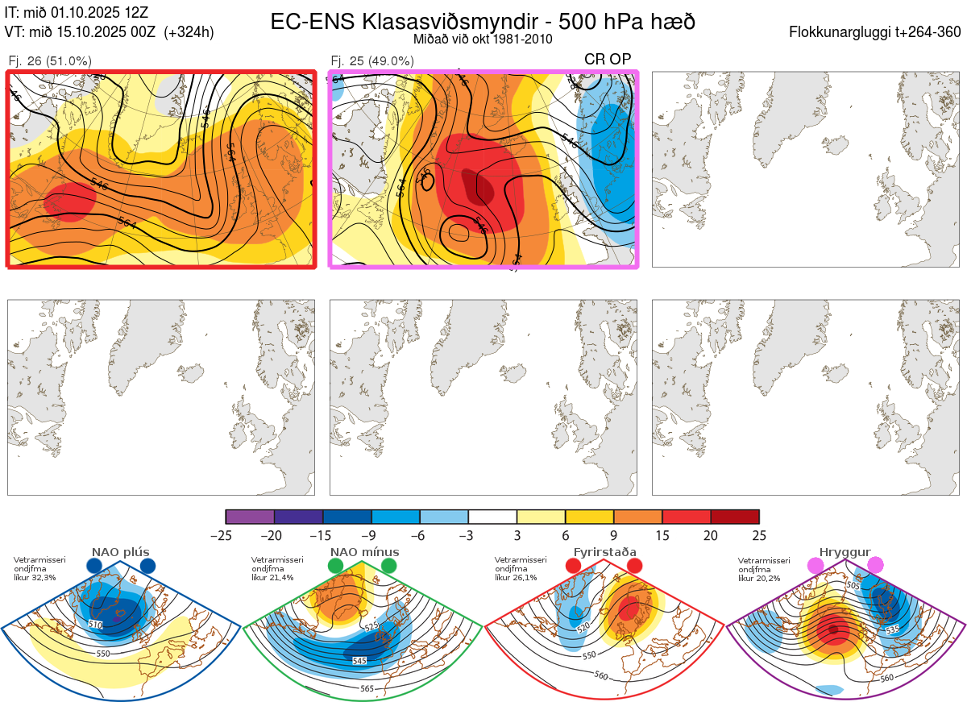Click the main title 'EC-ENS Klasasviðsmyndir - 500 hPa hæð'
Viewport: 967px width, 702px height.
pyautogui.click(x=483, y=21)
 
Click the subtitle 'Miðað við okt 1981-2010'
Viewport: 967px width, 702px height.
pyautogui.click(x=483, y=39)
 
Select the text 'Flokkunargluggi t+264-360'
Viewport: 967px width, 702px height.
pyautogui.click(x=877, y=32)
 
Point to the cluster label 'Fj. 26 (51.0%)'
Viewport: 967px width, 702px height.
pyautogui.click(x=49, y=60)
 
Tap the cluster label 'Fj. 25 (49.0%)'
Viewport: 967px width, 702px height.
pyautogui.click(x=372, y=60)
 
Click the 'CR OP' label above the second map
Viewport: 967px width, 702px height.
pyautogui.click(x=608, y=59)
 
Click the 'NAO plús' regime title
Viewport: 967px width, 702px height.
pyautogui.click(x=121, y=552)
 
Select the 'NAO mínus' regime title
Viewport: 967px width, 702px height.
pyautogui.click(x=364, y=552)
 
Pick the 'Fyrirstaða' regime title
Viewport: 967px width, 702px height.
pyautogui.click(x=604, y=552)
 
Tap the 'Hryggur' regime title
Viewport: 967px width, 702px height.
pyautogui.click(x=845, y=552)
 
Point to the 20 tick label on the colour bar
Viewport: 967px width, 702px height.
pyautogui.click(x=711, y=535)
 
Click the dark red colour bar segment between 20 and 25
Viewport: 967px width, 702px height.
pyautogui.click(x=735, y=517)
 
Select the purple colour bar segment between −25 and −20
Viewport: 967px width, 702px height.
pyautogui.click(x=250, y=517)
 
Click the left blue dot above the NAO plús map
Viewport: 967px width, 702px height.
pyautogui.click(x=94, y=566)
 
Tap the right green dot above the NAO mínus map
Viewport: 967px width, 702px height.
pyautogui.click(x=389, y=566)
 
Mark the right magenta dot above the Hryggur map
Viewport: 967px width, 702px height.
pyautogui.click(x=875, y=566)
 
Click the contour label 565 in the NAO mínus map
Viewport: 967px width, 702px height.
pyautogui.click(x=367, y=688)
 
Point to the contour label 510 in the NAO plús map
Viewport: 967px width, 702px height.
pyautogui.click(x=96, y=625)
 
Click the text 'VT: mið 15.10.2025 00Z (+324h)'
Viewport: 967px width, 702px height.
pyautogui.click(x=109, y=32)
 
